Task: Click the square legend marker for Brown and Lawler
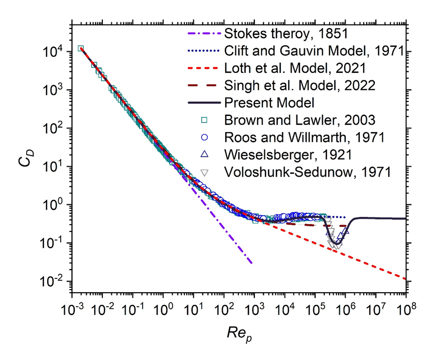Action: click(x=204, y=120)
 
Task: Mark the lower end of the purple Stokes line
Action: click(x=251, y=263)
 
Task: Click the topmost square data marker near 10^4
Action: click(x=80, y=49)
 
